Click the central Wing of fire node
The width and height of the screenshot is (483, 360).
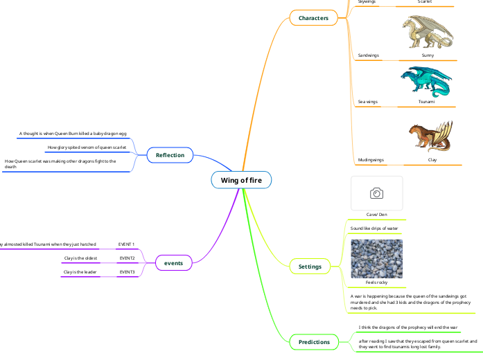click(x=241, y=181)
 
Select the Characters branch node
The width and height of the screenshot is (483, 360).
click(x=313, y=17)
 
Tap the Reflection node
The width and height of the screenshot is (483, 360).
click(x=170, y=155)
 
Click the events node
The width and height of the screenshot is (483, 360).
click(x=173, y=263)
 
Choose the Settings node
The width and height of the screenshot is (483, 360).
click(x=310, y=266)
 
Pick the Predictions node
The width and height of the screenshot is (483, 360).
click(x=313, y=342)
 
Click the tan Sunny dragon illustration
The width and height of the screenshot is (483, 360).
click(x=427, y=32)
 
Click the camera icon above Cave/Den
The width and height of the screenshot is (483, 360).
click(x=376, y=193)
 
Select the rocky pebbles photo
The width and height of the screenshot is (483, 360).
click(x=376, y=258)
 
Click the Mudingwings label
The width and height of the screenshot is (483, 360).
click(x=371, y=160)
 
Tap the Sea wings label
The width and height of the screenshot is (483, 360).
click(x=367, y=102)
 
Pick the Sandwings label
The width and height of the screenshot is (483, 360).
click(x=368, y=55)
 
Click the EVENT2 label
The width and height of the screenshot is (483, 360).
click(x=127, y=258)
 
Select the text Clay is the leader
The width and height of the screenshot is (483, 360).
click(x=80, y=272)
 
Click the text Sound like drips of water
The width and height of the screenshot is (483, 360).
click(x=374, y=228)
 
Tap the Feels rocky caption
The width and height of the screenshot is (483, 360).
click(x=376, y=282)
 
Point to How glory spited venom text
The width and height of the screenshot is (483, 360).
click(x=87, y=147)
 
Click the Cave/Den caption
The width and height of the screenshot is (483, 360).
click(x=376, y=214)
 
